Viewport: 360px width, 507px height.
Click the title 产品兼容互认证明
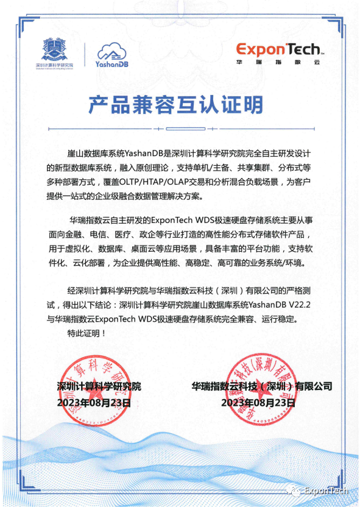coord(180,105)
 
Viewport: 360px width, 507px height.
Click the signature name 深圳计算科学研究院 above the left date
coord(98,386)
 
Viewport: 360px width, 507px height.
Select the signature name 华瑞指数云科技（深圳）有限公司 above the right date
coord(262,386)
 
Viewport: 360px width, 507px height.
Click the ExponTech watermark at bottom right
coord(326,491)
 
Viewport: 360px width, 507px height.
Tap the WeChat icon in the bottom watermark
coord(294,491)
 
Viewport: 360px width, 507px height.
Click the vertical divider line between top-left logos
coord(84,53)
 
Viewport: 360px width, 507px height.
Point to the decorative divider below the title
coord(180,129)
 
